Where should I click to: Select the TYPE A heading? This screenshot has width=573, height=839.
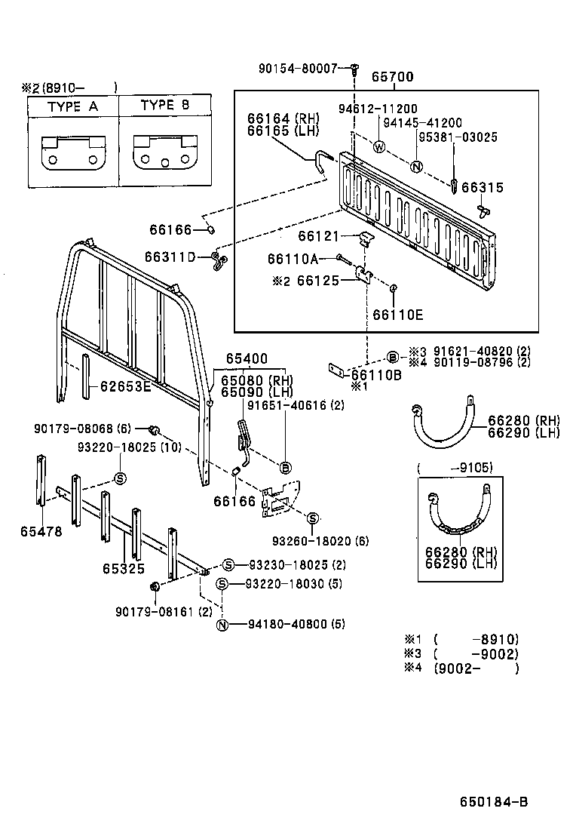[x=73, y=106]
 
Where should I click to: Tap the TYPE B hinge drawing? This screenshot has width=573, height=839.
[x=165, y=153]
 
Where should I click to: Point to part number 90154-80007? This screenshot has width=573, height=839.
[x=298, y=69]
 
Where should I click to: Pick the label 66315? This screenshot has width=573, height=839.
[x=483, y=188]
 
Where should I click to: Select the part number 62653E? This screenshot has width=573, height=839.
[x=125, y=389]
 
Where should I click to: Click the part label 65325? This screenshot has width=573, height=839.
[x=124, y=568]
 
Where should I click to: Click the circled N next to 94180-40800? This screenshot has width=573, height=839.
[x=222, y=625]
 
